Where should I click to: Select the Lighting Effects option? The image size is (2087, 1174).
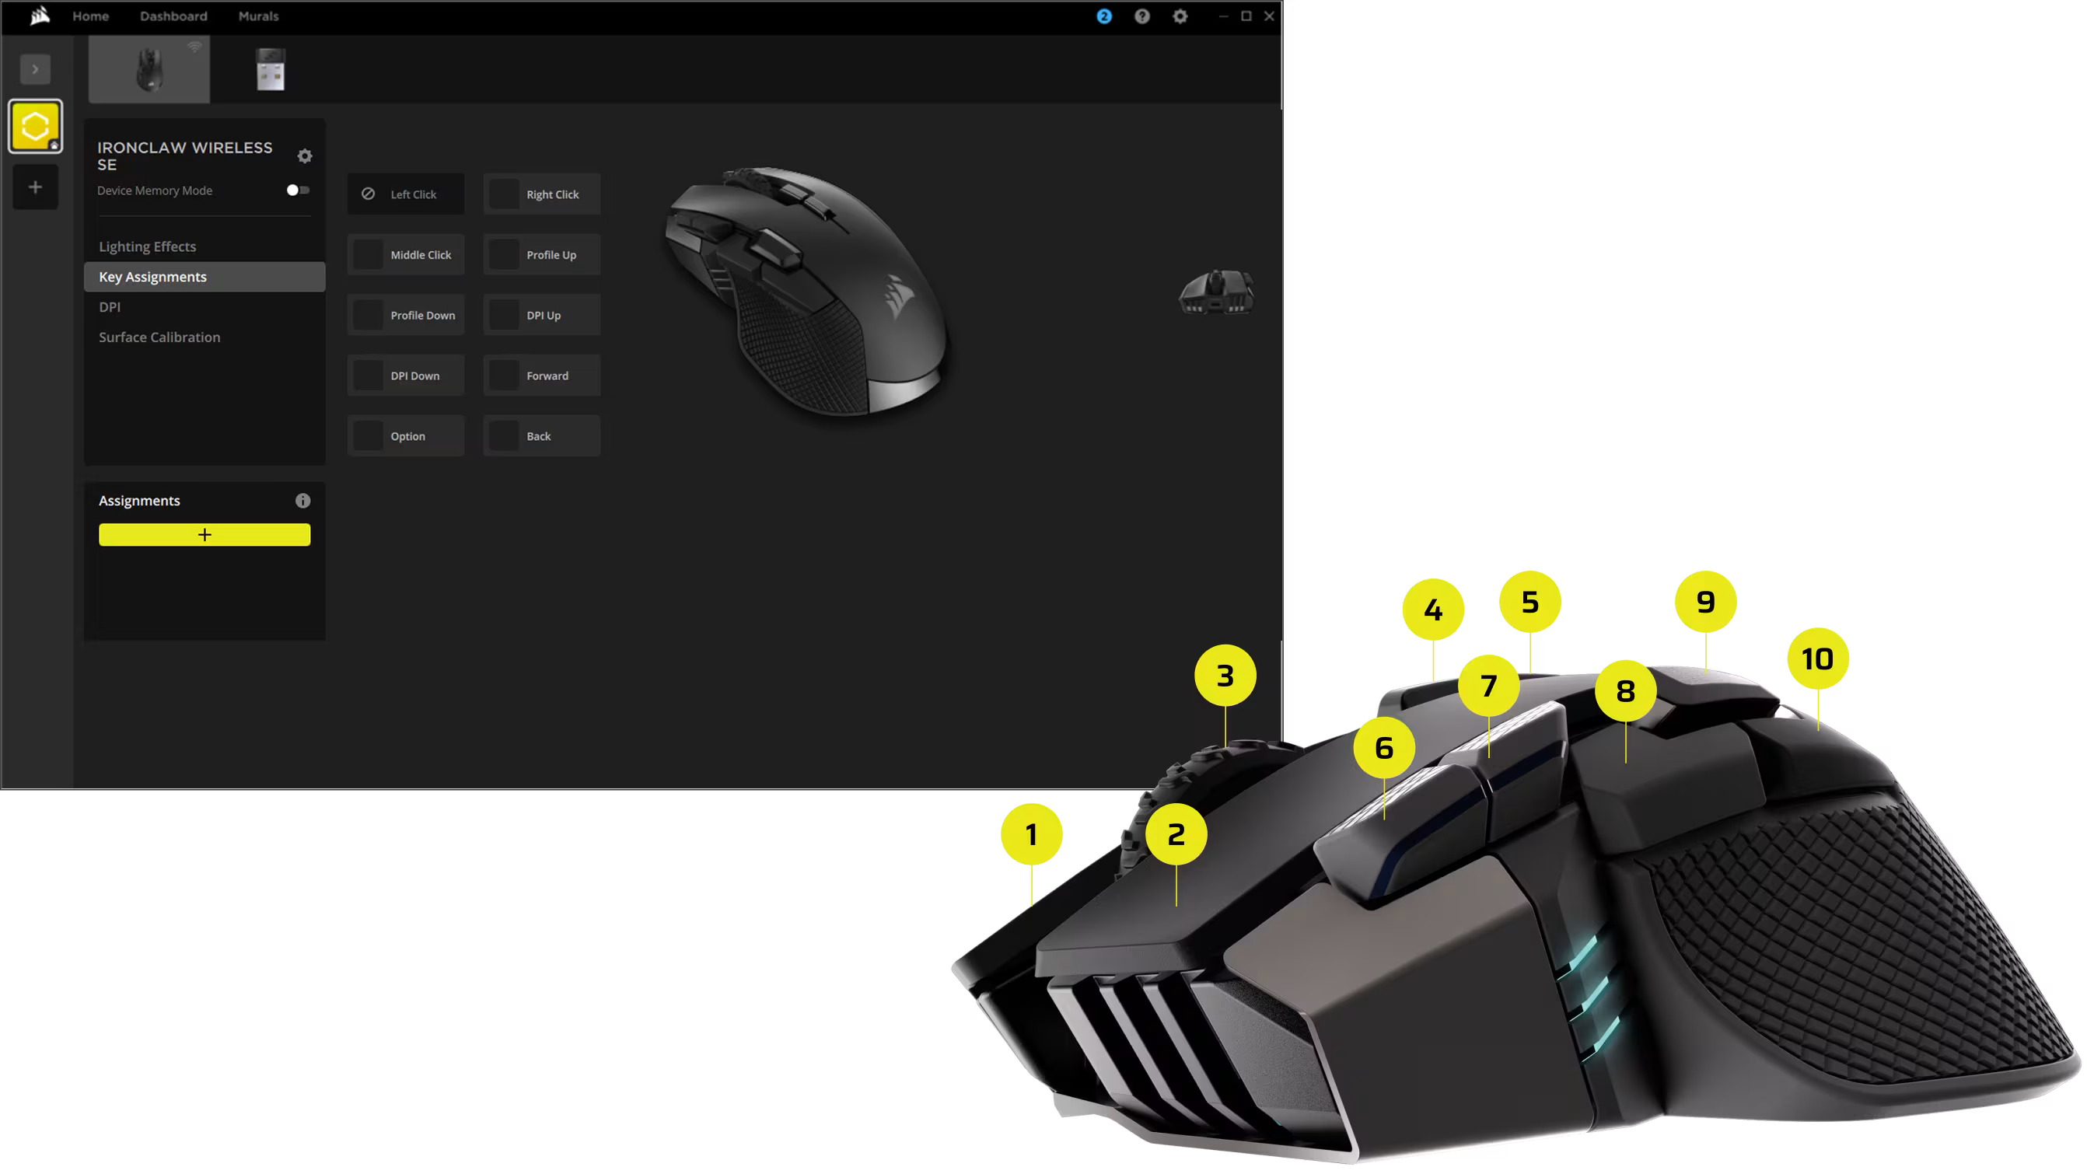[x=148, y=246]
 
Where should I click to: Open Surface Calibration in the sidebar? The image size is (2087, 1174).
[x=159, y=337]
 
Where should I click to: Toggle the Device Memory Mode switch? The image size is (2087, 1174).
[x=298, y=190]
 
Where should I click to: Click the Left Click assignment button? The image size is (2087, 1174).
[x=406, y=194]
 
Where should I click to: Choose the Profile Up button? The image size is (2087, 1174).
[x=542, y=255]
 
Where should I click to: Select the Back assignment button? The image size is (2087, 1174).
[x=542, y=436]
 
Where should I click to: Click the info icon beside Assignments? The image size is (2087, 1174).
[x=303, y=501]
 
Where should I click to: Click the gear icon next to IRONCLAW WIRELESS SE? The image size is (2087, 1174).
[x=305, y=155]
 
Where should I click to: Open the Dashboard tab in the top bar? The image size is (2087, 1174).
[x=173, y=16]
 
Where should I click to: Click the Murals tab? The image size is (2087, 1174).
[x=258, y=16]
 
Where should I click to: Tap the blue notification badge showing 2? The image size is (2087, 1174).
[x=1104, y=16]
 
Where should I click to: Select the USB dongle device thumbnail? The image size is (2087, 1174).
[x=271, y=70]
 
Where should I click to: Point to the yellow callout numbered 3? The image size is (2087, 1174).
[x=1225, y=676]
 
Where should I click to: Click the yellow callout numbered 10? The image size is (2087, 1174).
[x=1817, y=659]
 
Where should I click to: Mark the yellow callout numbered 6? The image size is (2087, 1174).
[x=1384, y=747]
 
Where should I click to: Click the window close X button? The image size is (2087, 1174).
[x=1270, y=16]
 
